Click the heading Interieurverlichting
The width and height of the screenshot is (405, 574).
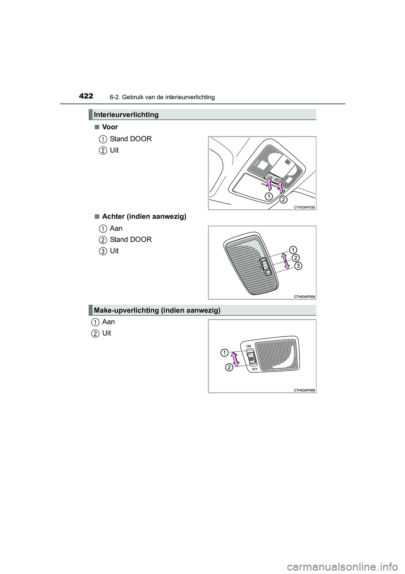tap(126, 115)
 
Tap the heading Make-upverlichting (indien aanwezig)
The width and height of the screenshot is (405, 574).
tap(157, 310)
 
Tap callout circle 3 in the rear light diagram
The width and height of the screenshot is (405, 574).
tap(298, 265)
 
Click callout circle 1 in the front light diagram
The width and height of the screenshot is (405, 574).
tap(269, 196)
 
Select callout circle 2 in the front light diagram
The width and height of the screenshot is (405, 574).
tap(283, 199)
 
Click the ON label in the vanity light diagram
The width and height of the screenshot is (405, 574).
tap(248, 345)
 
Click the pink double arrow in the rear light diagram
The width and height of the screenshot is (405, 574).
tap(286, 260)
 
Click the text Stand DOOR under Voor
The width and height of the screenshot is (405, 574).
tap(130, 139)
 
